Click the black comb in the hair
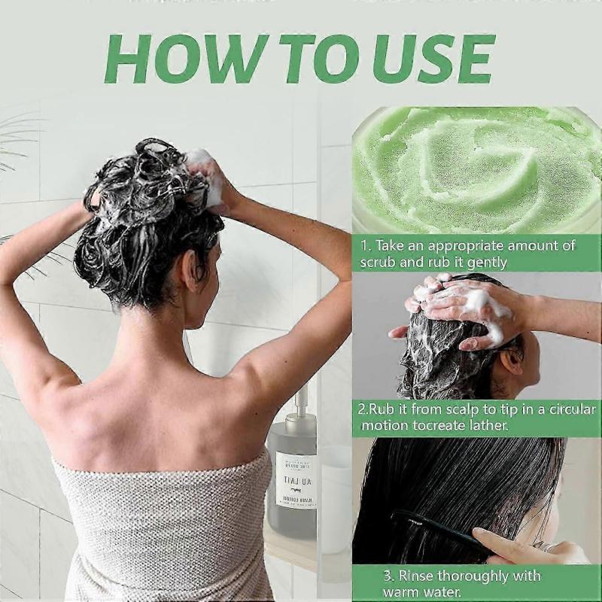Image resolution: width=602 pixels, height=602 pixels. click(436, 526)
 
